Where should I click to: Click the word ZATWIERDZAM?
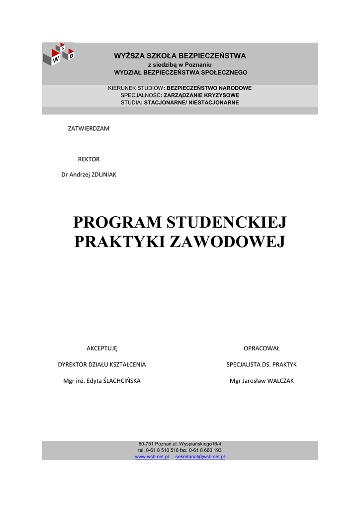coord(89,128)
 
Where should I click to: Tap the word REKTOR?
coord(89,159)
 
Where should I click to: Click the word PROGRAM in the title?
coord(117,222)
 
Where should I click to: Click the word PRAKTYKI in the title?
coord(120,242)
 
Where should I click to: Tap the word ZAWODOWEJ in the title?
coord(227,242)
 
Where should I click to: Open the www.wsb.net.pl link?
coord(152,456)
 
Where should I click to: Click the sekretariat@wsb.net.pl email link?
coord(200,456)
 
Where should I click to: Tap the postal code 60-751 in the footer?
coord(146,443)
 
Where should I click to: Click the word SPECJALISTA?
coord(244,364)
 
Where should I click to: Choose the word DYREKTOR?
coord(73,364)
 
